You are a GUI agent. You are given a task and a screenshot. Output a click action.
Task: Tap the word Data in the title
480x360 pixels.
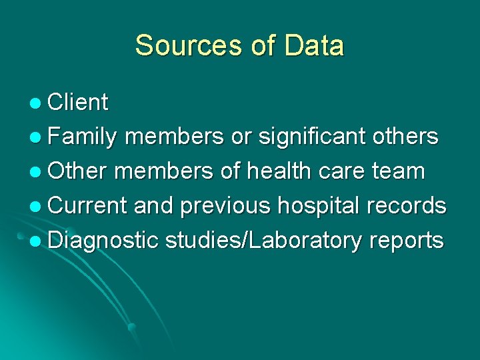(313, 46)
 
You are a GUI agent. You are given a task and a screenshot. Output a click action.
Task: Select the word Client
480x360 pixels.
(78, 103)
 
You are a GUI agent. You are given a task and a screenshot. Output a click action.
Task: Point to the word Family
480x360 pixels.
(83, 137)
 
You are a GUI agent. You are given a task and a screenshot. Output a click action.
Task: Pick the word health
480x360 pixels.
(279, 171)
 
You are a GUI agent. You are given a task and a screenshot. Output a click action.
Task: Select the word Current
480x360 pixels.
(87, 205)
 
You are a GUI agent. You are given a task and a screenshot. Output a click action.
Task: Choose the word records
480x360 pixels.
(407, 205)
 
